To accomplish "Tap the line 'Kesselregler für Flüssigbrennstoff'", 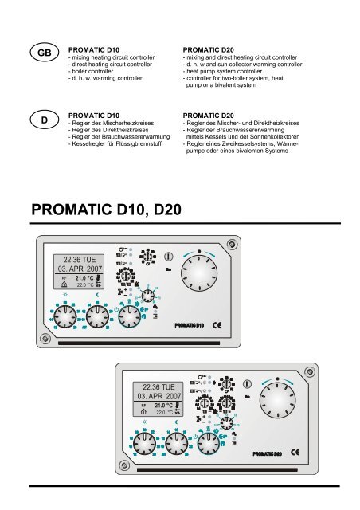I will pyautogui.click(x=121, y=147).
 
